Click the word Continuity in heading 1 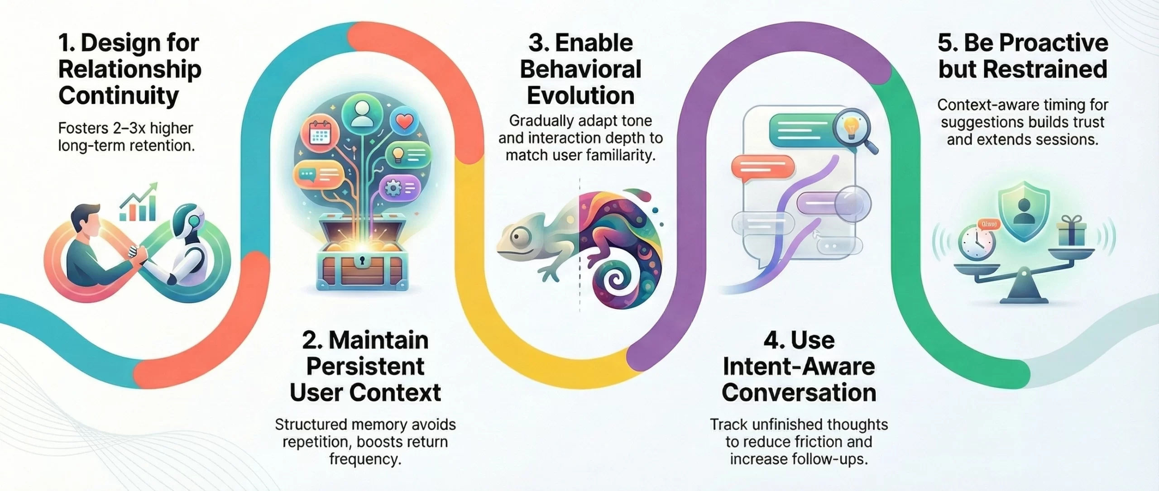click(119, 96)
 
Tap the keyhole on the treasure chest click(362, 261)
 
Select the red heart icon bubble click(404, 121)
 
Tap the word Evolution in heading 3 click(580, 96)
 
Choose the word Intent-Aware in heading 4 click(799, 367)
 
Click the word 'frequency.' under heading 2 click(365, 459)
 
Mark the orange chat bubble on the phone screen click(763, 167)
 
